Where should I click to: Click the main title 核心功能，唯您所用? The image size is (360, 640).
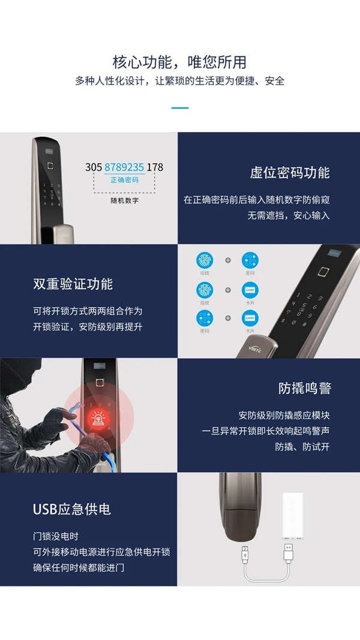point(179,62)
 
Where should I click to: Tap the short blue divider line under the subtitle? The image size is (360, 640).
point(179,108)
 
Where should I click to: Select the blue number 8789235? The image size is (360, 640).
point(124,167)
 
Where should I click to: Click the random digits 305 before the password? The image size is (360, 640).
point(94,167)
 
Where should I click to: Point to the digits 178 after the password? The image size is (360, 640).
point(155,167)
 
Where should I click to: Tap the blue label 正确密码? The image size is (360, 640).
point(124,180)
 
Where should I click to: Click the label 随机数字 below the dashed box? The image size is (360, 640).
point(124,200)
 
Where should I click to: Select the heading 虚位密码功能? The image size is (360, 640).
point(290,173)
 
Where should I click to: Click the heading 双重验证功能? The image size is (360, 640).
point(73,284)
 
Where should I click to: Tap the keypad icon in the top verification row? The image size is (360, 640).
point(250,261)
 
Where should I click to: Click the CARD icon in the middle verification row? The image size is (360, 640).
point(250,290)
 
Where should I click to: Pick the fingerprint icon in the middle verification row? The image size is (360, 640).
point(205,290)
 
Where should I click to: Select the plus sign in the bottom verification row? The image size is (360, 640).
point(227,318)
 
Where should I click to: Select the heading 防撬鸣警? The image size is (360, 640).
point(304,388)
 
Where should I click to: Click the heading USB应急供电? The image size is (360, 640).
point(72,510)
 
